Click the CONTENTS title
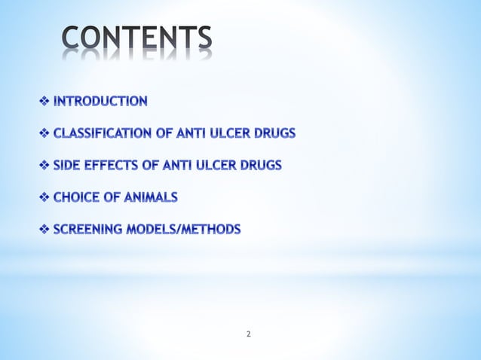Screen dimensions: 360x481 pyautogui.click(x=136, y=41)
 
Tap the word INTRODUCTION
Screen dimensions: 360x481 pyautogui.click(x=100, y=100)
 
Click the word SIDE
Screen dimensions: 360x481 pyautogui.click(x=66, y=166)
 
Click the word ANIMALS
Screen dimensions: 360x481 pyautogui.click(x=152, y=197)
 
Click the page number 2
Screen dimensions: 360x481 pyautogui.click(x=249, y=333)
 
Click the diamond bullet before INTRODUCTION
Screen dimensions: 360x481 pyautogui.click(x=43, y=100)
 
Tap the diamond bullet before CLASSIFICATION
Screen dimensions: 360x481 pyautogui.click(x=43, y=133)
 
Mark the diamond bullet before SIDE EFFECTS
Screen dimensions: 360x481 pyautogui.click(x=43, y=166)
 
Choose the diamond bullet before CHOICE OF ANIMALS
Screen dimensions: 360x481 pyautogui.click(x=43, y=197)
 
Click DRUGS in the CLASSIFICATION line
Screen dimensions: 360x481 pyautogui.click(x=274, y=133)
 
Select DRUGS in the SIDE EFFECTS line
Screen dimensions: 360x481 pyautogui.click(x=261, y=166)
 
